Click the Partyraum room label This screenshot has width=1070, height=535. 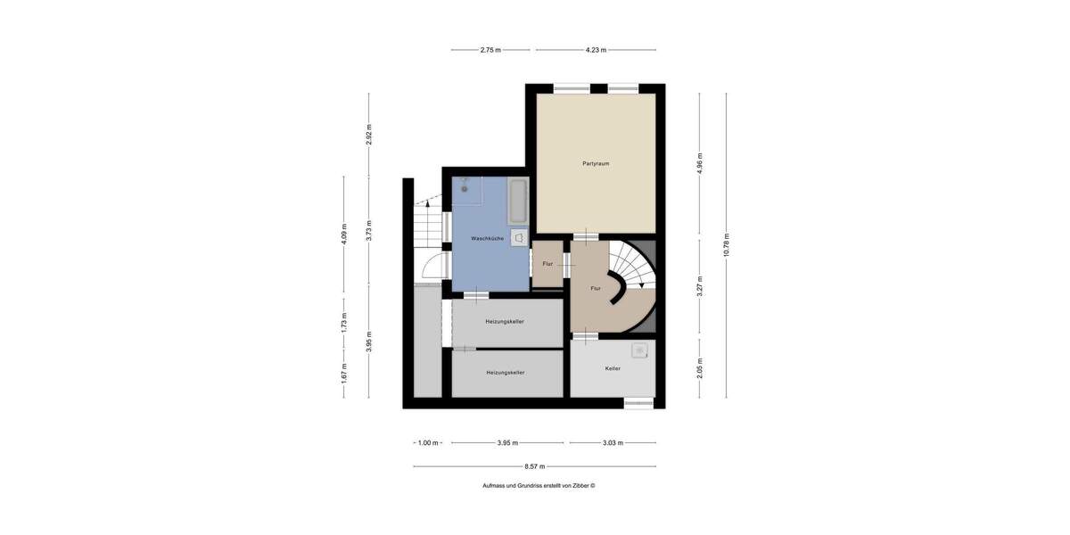click(x=596, y=163)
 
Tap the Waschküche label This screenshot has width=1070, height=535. click(x=487, y=238)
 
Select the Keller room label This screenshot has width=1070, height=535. click(x=612, y=367)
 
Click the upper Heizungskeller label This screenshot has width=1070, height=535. click(x=504, y=321)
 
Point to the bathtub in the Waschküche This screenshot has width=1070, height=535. click(x=518, y=202)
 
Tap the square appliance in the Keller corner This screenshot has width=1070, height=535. click(x=639, y=350)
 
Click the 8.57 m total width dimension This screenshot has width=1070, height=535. click(x=535, y=466)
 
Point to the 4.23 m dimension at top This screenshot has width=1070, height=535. click(x=596, y=50)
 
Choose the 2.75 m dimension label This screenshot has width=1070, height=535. click(x=490, y=50)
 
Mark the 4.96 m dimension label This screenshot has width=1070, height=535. click(x=700, y=164)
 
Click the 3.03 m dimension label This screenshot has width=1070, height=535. click(x=612, y=442)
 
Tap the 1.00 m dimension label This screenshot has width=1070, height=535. click(x=429, y=442)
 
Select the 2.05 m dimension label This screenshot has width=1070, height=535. click(x=700, y=368)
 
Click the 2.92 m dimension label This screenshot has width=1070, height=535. click(x=369, y=134)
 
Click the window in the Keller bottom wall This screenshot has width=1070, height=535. click(x=638, y=403)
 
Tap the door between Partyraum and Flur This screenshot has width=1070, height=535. click(x=585, y=235)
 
